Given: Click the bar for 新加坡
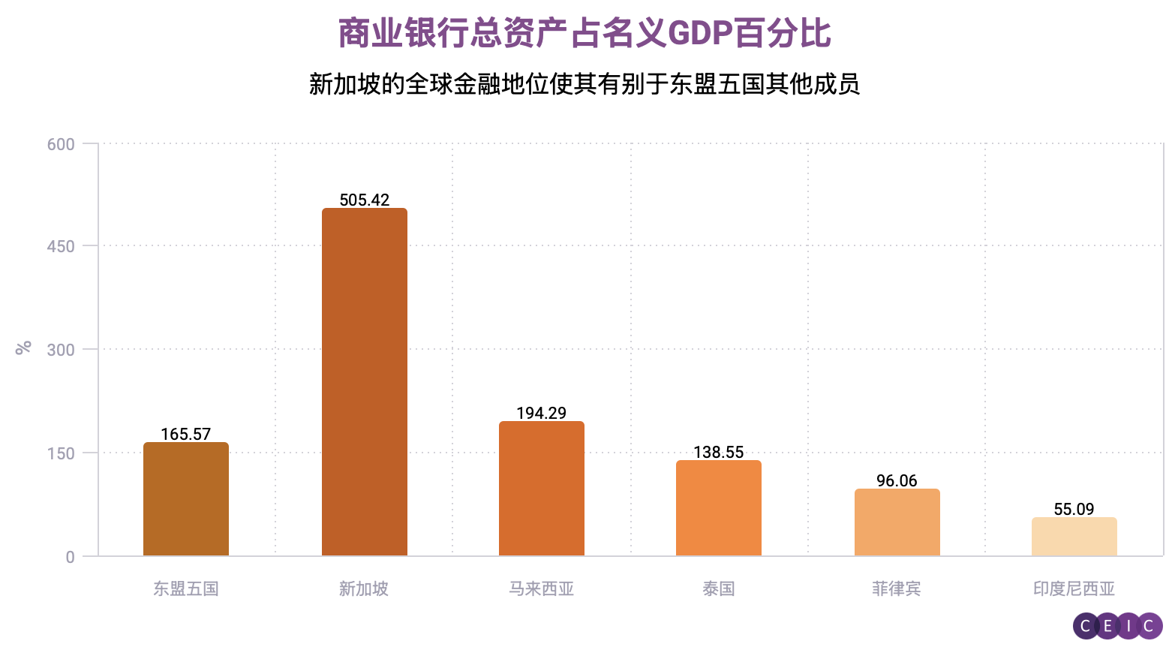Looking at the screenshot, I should click(x=365, y=382).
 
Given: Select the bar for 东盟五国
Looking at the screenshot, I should click(x=186, y=499).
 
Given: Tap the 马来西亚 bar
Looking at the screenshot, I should click(x=542, y=489).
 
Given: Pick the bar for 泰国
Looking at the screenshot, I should click(x=719, y=508).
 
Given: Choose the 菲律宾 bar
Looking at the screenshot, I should click(x=897, y=522).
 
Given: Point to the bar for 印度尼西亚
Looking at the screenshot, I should click(x=1074, y=537).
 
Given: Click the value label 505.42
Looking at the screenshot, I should click(x=365, y=200).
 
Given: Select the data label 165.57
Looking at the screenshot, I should click(x=186, y=434).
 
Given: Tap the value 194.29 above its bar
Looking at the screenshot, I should click(x=542, y=413).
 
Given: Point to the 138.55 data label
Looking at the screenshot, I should click(x=719, y=452).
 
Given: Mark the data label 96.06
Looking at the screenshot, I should click(x=897, y=480).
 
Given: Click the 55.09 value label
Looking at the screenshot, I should click(x=1074, y=509).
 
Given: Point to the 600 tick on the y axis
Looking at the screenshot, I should click(x=61, y=144).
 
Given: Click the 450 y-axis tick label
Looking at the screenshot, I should click(x=61, y=246).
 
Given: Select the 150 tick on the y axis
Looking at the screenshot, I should click(x=61, y=453).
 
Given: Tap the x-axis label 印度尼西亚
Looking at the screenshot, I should click(x=1074, y=589).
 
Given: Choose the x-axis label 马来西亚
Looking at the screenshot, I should click(x=542, y=589).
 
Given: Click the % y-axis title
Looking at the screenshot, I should click(x=23, y=347).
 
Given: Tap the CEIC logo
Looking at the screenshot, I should click(x=1117, y=626).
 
